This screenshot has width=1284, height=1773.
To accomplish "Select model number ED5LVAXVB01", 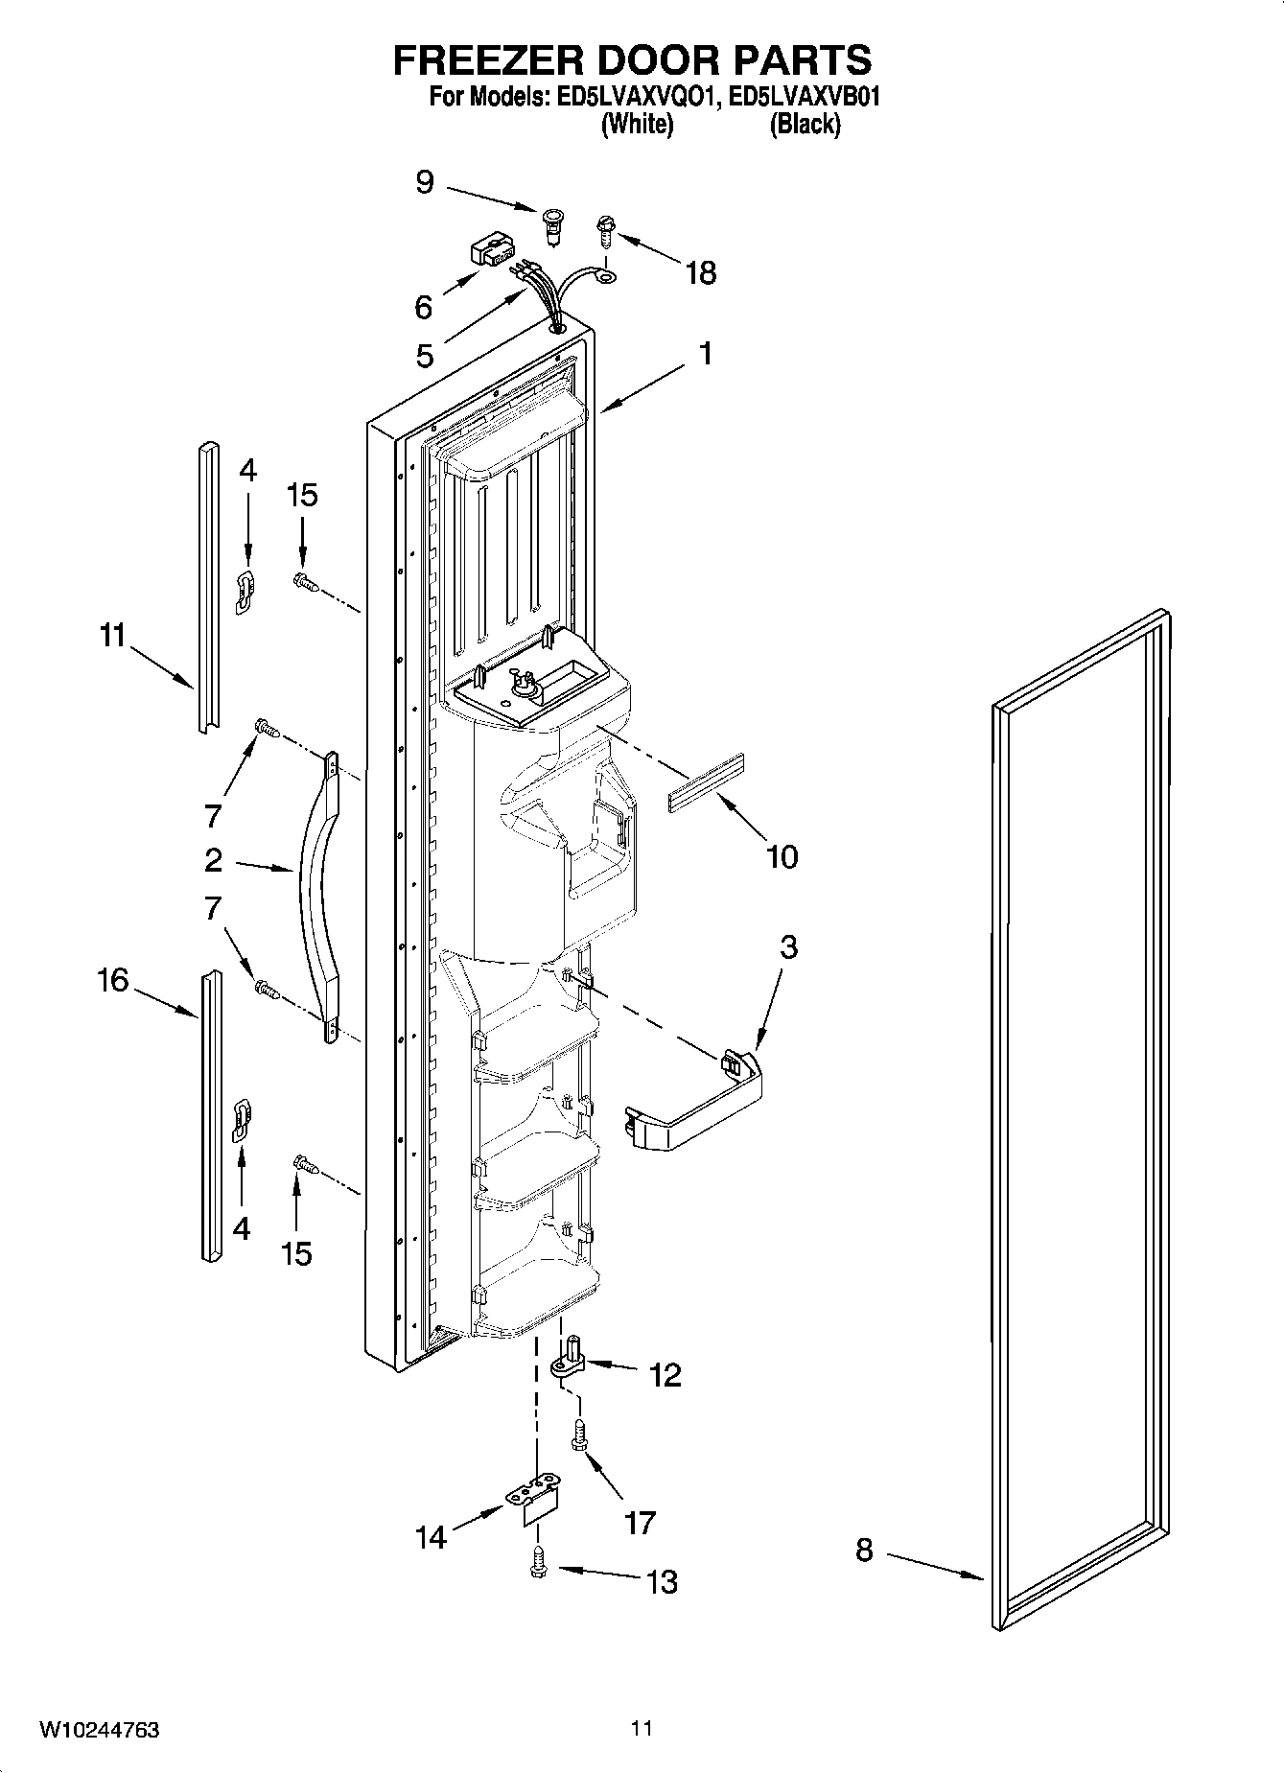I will click(x=804, y=97).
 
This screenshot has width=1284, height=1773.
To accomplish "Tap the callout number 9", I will click(x=425, y=182).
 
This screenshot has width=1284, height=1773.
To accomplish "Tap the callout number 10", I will click(x=782, y=856).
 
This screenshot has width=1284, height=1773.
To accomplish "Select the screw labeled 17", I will click(x=580, y=1435).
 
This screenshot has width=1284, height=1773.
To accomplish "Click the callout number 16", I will click(x=113, y=980).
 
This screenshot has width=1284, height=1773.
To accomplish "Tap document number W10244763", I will click(x=99, y=1729).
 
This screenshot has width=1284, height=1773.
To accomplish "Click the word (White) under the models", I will click(x=637, y=124).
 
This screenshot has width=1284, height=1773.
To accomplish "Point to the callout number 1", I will click(x=706, y=354).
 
